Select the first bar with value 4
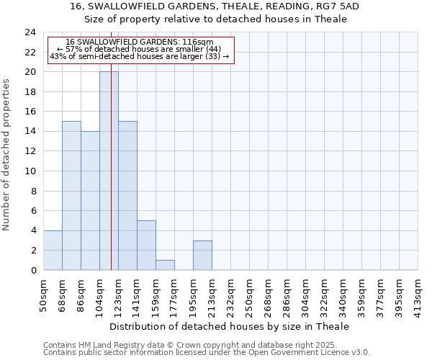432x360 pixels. (x=53, y=250)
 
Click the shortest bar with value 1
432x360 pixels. (x=165, y=265)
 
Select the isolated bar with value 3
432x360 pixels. (x=202, y=255)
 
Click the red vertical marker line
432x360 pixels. (x=112, y=180)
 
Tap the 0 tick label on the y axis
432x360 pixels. (x=33, y=270)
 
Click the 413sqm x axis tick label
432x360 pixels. (x=418, y=296)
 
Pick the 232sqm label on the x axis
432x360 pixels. (x=231, y=296)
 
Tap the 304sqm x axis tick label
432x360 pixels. (x=306, y=296)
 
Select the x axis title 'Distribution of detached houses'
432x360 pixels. (x=230, y=326)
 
